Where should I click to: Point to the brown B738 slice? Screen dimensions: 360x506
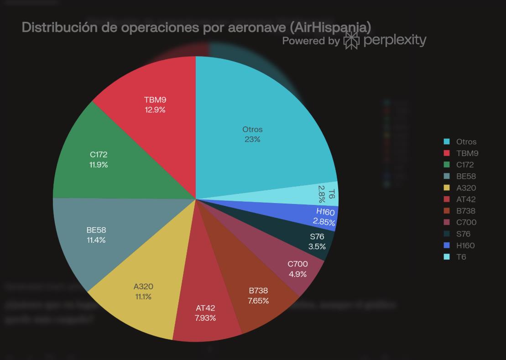[259, 296]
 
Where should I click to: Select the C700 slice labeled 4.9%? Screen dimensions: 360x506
[297, 269]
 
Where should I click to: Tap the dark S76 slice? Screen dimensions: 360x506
[318, 242]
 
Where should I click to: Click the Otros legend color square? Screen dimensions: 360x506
[447, 142]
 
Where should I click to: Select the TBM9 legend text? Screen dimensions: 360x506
[467, 153]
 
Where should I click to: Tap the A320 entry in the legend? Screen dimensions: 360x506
[466, 188]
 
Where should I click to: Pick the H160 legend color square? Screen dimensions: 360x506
[447, 245]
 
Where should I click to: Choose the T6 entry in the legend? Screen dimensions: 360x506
[461, 257]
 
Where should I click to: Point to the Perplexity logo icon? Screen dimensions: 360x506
[351, 41]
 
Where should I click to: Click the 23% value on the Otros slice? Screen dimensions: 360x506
[252, 139]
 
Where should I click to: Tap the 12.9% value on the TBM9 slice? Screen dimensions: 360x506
[155, 110]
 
